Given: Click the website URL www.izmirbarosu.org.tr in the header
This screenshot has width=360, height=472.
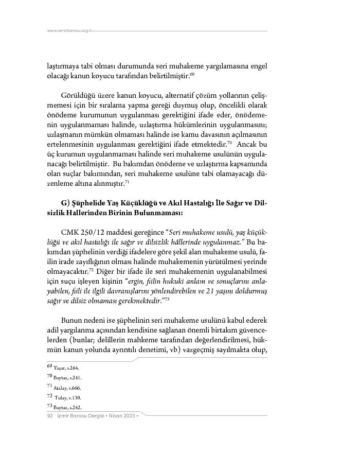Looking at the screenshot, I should pyautogui.click(x=69, y=30).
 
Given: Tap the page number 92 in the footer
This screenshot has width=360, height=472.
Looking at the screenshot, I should pyautogui.click(x=50, y=416).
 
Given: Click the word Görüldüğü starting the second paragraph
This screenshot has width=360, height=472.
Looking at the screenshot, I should pyautogui.click(x=77, y=96).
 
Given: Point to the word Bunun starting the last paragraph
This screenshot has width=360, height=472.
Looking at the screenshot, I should pyautogui.click(x=71, y=318).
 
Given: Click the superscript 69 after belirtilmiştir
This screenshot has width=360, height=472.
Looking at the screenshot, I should pyautogui.click(x=192, y=75).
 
